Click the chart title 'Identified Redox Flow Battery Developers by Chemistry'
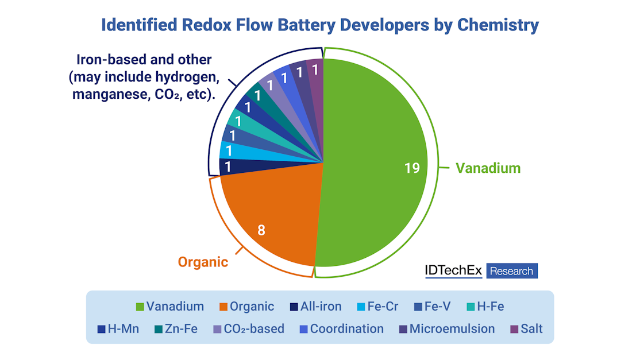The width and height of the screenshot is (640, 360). tap(320, 25)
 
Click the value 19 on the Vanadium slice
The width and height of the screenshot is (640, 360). tap(411, 168)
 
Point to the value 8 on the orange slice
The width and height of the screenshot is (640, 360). tap(261, 230)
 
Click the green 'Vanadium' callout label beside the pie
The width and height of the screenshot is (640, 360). tap(488, 168)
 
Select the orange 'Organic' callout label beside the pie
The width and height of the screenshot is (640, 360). tap(203, 262)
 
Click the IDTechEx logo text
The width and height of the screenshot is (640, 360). tap(453, 271)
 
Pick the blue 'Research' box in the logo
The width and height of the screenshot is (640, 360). tap(511, 271)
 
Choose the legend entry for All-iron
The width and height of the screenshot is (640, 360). tap(315, 307)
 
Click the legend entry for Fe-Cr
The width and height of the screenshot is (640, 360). tap(377, 307)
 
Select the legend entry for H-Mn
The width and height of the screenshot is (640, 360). tap(119, 329)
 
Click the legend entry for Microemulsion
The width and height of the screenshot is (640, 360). tap(446, 329)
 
